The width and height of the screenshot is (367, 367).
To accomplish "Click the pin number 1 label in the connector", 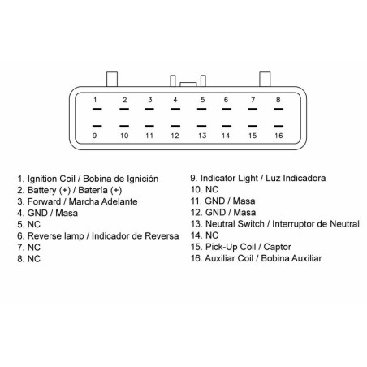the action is coord(95,100).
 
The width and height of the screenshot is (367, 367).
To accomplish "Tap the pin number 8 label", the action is coord(278,100).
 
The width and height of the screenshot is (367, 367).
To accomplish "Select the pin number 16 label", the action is coord(278,136).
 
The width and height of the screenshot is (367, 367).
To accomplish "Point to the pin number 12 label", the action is coord(175,136).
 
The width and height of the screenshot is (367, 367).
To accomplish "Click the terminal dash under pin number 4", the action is coord(175,110).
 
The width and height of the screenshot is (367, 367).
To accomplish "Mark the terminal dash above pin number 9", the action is coord(97,126).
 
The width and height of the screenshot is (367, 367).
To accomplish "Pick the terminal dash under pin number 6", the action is coord(227,110).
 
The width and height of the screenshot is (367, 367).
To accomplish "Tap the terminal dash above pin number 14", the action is coord(227,126).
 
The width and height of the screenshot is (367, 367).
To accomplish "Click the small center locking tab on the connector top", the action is coord(188,84).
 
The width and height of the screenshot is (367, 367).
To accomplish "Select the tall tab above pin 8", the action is coord(265,79).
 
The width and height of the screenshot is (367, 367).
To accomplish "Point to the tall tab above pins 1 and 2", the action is coord(112,79).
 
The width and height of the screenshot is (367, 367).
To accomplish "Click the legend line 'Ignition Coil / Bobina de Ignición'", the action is coord(88,179).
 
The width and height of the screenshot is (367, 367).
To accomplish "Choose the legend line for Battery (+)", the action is coord(70,190).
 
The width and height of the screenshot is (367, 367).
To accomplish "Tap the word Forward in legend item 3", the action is coord(44,201).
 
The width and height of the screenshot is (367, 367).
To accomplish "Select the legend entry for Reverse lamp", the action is coord(98,236).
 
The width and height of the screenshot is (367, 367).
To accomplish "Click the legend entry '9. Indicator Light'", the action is coord(258,179).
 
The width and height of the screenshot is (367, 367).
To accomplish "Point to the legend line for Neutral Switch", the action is coord(275,224).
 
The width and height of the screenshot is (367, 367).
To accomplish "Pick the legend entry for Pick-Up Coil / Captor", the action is coord(241,247).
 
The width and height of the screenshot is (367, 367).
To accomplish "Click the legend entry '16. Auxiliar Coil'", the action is coord(256,258).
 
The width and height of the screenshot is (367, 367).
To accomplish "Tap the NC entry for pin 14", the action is coord(205,235).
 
